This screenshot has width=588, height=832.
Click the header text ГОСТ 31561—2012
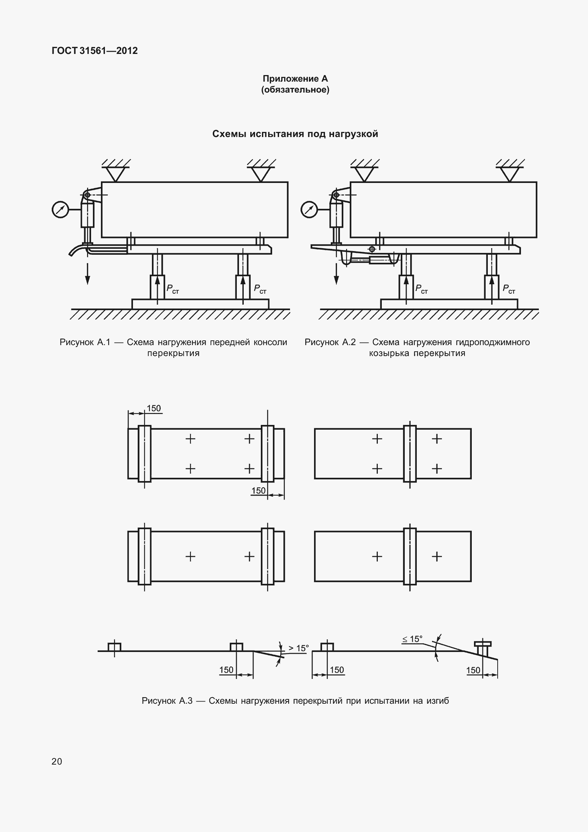[x=95, y=51]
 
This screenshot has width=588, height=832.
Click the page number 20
[x=57, y=761]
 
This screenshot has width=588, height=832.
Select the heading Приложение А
[x=295, y=79]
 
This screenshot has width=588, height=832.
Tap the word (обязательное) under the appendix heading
[x=295, y=90]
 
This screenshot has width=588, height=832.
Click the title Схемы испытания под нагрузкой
[x=295, y=134]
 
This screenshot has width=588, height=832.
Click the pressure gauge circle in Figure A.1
[x=60, y=210]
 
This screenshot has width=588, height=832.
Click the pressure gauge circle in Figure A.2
[x=309, y=210]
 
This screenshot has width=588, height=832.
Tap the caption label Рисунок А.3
[x=167, y=700]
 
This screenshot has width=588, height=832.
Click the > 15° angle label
[x=298, y=648]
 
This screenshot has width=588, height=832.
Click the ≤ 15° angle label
[x=412, y=639]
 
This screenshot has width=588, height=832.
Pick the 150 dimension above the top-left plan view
[x=154, y=408]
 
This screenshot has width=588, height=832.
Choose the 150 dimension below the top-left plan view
[x=259, y=491]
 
